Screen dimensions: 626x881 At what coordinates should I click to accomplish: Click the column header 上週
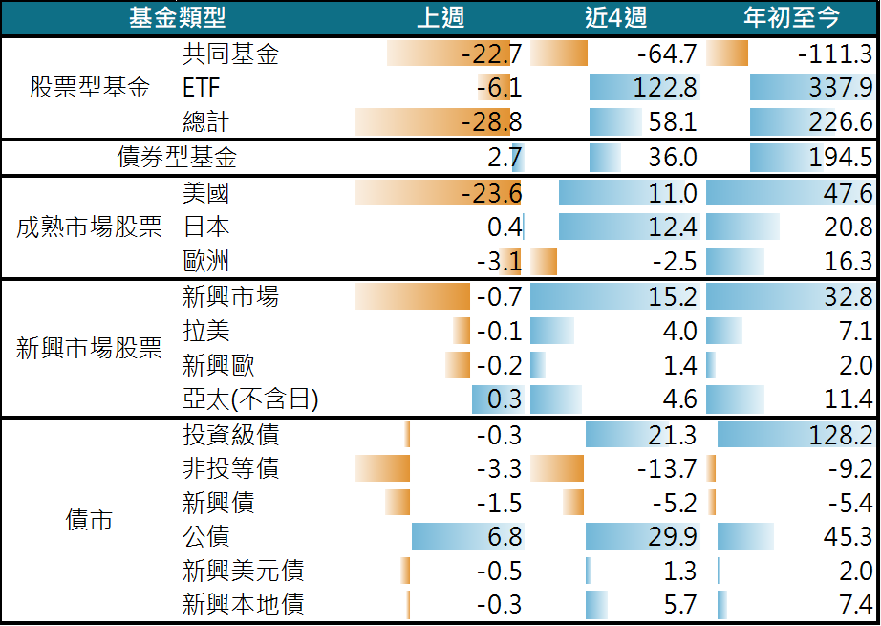pyautogui.click(x=440, y=17)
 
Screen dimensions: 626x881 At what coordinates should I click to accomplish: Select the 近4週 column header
pyautogui.click(x=615, y=17)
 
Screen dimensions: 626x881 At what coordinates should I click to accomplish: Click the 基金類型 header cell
pyautogui.click(x=178, y=17)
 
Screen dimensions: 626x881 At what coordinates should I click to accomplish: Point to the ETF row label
pyautogui.click(x=202, y=88)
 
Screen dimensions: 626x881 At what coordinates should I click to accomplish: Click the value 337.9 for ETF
pyautogui.click(x=840, y=88)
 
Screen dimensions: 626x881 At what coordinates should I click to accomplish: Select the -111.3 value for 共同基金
pyautogui.click(x=834, y=54)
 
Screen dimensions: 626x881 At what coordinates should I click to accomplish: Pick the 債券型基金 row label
pyautogui.click(x=177, y=158)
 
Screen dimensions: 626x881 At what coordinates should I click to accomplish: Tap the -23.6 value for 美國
pyautogui.click(x=491, y=193)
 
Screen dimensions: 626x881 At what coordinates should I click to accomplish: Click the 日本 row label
pyautogui.click(x=205, y=227)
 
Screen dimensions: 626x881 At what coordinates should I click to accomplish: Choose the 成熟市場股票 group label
pyautogui.click(x=90, y=227)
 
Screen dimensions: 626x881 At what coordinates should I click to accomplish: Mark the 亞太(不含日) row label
pyautogui.click(x=250, y=399)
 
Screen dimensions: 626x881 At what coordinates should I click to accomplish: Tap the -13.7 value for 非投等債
pyautogui.click(x=667, y=468)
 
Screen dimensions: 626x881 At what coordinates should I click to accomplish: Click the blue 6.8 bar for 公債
pyautogui.click(x=467, y=536)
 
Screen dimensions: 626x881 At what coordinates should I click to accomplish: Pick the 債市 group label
pyautogui.click(x=90, y=520)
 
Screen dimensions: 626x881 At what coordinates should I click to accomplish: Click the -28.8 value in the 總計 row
pyautogui.click(x=491, y=122)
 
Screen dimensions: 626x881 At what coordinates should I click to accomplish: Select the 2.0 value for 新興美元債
pyautogui.click(x=853, y=571)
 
